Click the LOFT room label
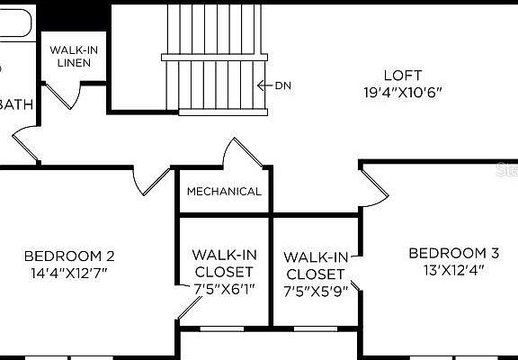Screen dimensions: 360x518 point(402,76)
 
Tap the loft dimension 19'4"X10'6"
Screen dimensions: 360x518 point(402,92)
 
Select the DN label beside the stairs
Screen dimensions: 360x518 point(283,86)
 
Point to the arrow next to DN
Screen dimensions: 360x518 point(264,86)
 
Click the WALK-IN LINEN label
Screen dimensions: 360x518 point(74,56)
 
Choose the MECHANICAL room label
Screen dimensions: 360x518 point(224,192)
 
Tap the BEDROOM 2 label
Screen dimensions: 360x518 point(68,256)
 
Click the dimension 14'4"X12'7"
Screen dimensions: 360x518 point(68,272)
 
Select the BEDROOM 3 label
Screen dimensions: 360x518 point(453,253)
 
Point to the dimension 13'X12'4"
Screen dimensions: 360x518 point(453,269)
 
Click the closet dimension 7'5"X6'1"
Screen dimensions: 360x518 point(223,289)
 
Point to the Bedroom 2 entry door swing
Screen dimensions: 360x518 point(147,181)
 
